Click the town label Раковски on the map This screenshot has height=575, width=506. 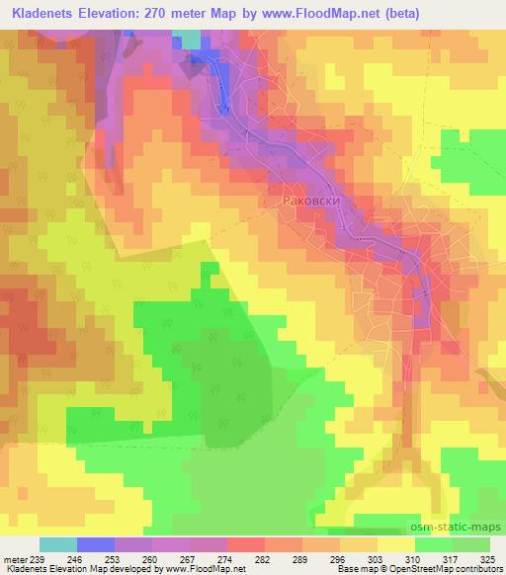(x=311, y=199)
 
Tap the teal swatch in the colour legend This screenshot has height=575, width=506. (x=58, y=544)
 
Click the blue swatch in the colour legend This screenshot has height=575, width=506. (x=96, y=544)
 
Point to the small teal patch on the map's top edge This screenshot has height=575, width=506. (x=188, y=38)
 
